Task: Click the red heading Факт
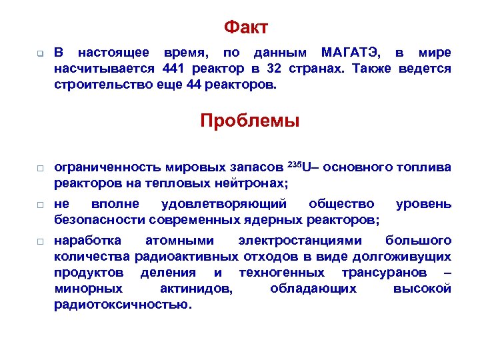tap(246, 27)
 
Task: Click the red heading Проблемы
tap(250, 121)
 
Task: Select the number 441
tap(173, 69)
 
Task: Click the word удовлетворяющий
tap(224, 204)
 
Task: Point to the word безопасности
tap(99, 221)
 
